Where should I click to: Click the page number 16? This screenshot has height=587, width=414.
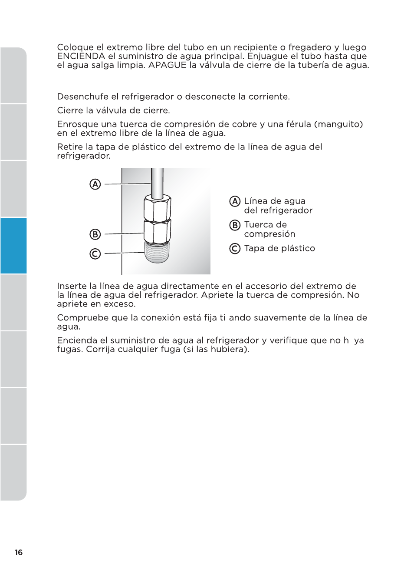click(x=19, y=552)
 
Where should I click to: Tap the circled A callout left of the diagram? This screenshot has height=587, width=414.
click(x=95, y=184)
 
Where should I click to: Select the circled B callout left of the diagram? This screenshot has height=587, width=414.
click(x=95, y=234)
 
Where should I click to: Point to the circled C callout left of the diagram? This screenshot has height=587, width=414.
click(x=95, y=253)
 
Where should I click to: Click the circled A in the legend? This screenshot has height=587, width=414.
click(x=235, y=201)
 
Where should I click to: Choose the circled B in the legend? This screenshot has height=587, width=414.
click(x=235, y=225)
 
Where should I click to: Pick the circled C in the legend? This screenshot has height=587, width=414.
click(x=235, y=248)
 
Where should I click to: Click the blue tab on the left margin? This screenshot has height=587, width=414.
click(x=13, y=246)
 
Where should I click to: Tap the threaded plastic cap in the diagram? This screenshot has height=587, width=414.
click(x=157, y=252)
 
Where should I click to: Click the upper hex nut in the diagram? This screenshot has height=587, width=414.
click(x=157, y=209)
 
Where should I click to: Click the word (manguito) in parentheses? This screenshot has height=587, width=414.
click(x=338, y=124)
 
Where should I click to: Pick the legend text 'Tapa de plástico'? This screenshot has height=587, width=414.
click(x=279, y=248)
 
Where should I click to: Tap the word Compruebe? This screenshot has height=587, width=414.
click(x=82, y=318)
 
